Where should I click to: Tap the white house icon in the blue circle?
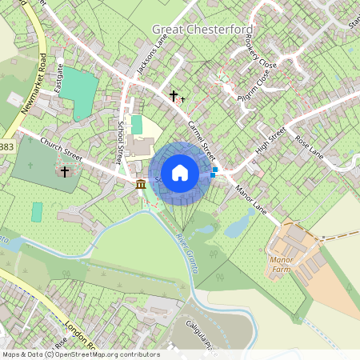click(x=180, y=173)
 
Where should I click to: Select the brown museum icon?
click(x=141, y=186)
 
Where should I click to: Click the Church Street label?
click(x=61, y=147)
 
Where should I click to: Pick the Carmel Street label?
click(x=203, y=138)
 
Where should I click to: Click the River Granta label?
click(x=186, y=252)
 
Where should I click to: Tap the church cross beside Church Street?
click(x=65, y=171)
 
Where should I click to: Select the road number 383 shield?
click(x=6, y=147)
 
